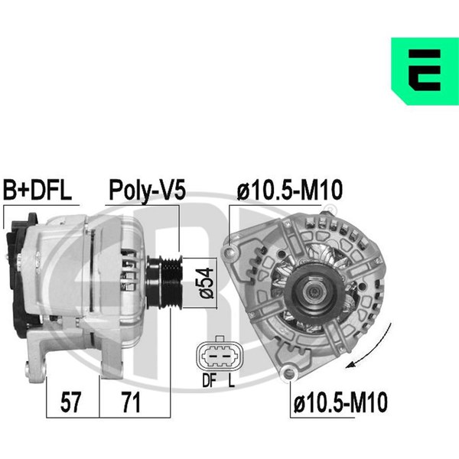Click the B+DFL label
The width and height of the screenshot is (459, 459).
pyautogui.click(x=37, y=190)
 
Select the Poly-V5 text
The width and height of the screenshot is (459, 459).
pyautogui.click(x=147, y=190)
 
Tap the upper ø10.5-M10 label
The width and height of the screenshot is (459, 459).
pyautogui.click(x=289, y=190)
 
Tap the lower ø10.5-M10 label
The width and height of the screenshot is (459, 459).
pyautogui.click(x=340, y=403)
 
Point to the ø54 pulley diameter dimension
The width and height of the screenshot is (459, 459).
pyautogui.click(x=207, y=283)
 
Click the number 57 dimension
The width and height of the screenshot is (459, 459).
pyautogui.click(x=70, y=403)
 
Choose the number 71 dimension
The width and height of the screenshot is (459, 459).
pyautogui.click(x=132, y=403)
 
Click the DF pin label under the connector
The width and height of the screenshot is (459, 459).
pyautogui.click(x=209, y=380)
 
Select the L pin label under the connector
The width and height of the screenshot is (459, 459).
pyautogui.click(x=232, y=380)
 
